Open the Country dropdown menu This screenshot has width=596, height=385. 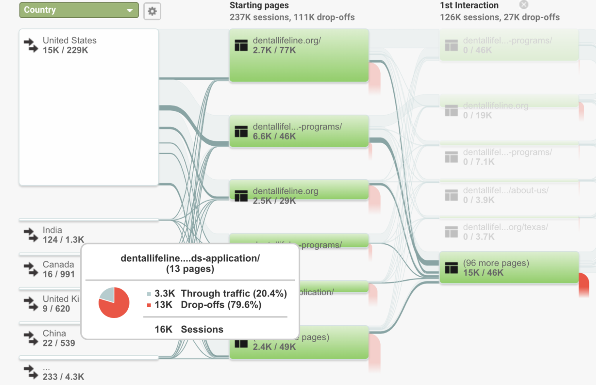79,10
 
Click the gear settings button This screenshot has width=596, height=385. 152,11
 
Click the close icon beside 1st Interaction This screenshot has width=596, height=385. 524,5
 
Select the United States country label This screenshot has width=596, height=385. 70,40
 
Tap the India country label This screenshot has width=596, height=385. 52,230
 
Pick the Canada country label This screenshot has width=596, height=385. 58,265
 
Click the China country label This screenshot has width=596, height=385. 54,333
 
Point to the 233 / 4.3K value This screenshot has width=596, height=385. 64,377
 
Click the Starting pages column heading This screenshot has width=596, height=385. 259,6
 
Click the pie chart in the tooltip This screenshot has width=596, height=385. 114,303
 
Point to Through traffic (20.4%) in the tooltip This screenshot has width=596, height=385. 234,293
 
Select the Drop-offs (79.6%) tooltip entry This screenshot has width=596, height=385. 221,305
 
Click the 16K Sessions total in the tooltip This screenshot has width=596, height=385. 189,329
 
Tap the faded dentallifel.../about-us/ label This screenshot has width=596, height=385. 505,191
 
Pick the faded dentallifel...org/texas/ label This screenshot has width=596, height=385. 505,227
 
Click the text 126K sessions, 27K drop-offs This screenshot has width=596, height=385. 499,17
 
